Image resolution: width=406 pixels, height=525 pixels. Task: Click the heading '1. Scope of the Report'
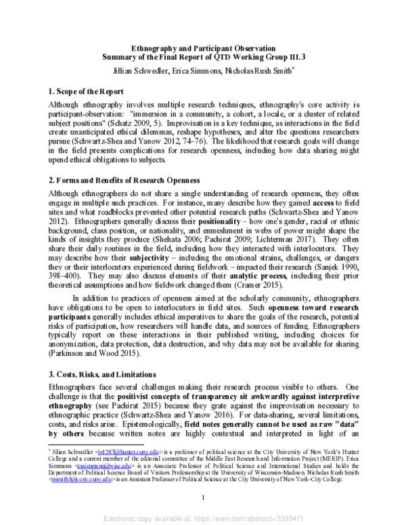(88, 90)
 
